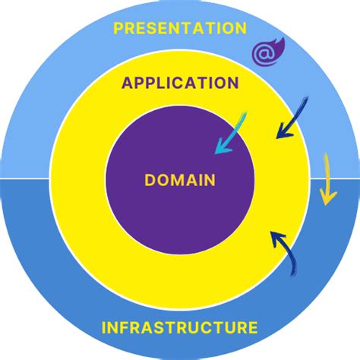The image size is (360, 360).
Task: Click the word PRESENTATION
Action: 179,29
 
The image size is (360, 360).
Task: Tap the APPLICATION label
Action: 180,84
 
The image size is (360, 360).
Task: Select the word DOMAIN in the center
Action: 180,180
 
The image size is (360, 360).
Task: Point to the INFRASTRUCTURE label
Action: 179,328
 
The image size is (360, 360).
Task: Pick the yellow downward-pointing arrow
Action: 327,178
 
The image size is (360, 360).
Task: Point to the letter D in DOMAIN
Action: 149,180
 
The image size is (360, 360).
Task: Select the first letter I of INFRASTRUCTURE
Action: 104,328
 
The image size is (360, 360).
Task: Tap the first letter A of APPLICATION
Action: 127,84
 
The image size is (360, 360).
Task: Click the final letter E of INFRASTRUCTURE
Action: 252,328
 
